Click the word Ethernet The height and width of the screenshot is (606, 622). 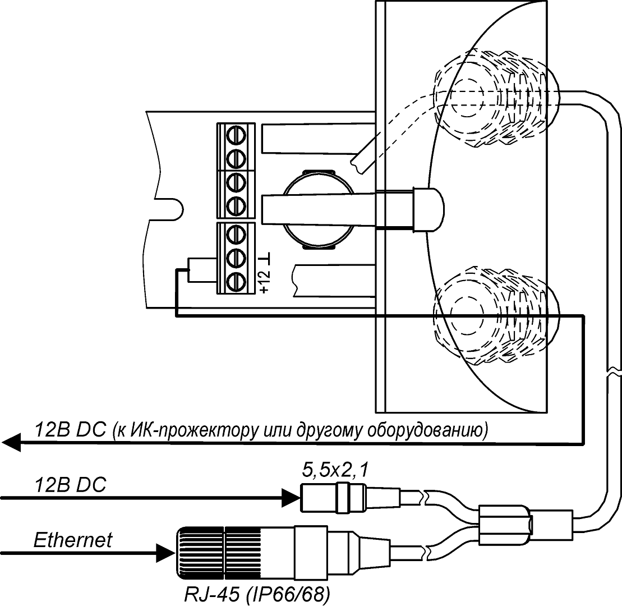73,540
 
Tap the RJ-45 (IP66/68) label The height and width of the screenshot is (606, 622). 257,594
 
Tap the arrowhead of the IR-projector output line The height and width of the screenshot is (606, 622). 11,443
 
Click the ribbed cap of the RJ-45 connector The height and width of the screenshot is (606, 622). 201,552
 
